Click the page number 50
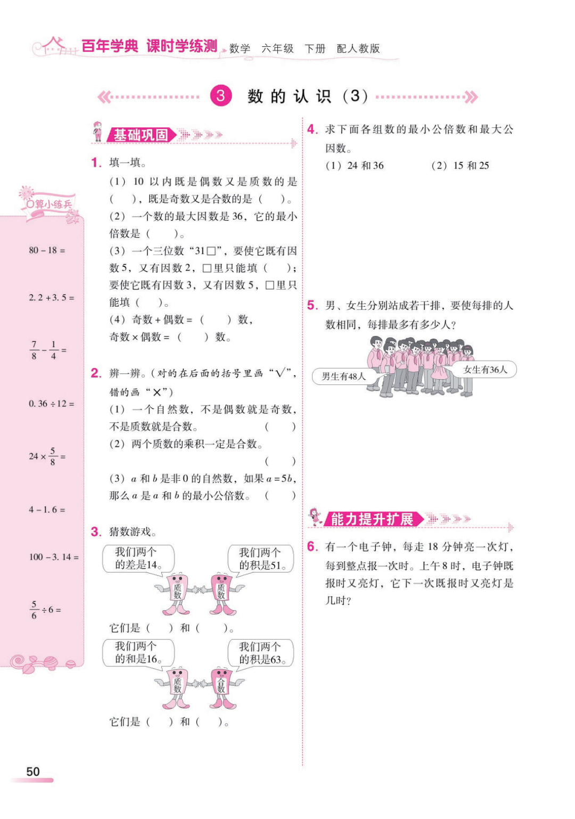[33, 772]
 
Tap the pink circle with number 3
[220, 96]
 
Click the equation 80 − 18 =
[47, 250]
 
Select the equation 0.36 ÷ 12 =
[52, 404]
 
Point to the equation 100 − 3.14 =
[54, 557]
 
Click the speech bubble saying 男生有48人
[343, 376]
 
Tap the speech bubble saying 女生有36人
[485, 370]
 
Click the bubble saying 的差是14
[138, 559]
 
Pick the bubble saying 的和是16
[138, 653]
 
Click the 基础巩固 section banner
[141, 135]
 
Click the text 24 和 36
[365, 166]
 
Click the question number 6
[312, 547]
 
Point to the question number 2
[96, 373]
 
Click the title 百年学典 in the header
[110, 46]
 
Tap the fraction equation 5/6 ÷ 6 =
[45, 610]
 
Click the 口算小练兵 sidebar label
[49, 204]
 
